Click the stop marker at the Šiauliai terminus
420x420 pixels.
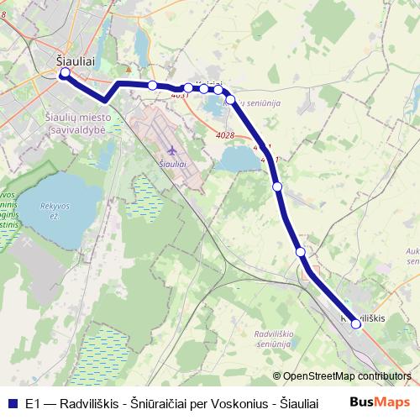[x=66, y=74]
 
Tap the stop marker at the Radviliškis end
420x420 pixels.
[x=356, y=323]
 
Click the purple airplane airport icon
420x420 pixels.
[x=172, y=150]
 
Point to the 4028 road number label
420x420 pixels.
[x=225, y=135]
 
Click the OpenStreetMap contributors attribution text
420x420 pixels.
[x=347, y=377]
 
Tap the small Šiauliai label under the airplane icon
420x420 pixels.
[x=172, y=163]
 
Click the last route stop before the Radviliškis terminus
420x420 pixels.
[x=300, y=251]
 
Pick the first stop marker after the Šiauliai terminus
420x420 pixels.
[x=152, y=85]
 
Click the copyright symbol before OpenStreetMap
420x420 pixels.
[x=276, y=377]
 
